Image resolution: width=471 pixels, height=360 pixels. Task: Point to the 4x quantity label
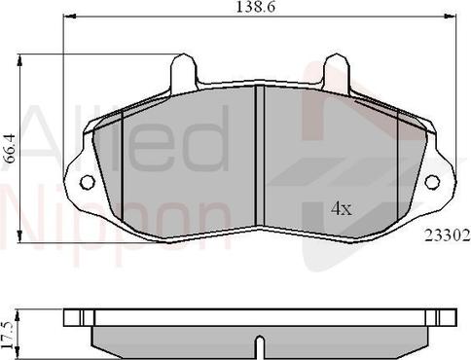click(340, 208)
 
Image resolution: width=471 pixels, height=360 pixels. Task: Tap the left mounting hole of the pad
click(88, 182)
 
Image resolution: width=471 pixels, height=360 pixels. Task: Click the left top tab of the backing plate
click(183, 74)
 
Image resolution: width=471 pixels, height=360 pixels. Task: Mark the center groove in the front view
click(260, 156)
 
